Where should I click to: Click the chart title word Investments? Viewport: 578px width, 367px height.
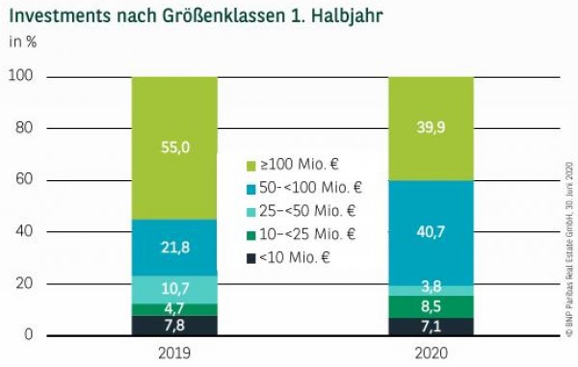click(x=59, y=16)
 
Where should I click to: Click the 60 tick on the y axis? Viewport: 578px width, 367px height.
click(x=25, y=179)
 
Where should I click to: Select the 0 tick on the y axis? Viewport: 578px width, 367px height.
click(x=29, y=334)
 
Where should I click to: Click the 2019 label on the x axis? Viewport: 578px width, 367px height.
click(x=174, y=353)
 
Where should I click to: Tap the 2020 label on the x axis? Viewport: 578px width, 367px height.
click(x=431, y=353)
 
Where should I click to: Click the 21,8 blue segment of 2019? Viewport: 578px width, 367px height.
click(x=174, y=248)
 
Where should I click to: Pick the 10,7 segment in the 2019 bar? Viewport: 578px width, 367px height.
click(x=174, y=289)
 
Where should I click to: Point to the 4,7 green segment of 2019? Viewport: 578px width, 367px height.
click(x=174, y=309)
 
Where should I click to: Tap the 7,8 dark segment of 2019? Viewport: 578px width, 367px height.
click(x=174, y=325)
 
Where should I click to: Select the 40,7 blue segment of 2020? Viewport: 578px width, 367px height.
click(x=431, y=232)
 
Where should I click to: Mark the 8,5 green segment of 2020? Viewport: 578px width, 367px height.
click(x=431, y=306)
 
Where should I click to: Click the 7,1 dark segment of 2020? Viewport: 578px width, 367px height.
click(x=431, y=326)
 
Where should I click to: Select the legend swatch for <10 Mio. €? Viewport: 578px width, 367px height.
click(x=253, y=257)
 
